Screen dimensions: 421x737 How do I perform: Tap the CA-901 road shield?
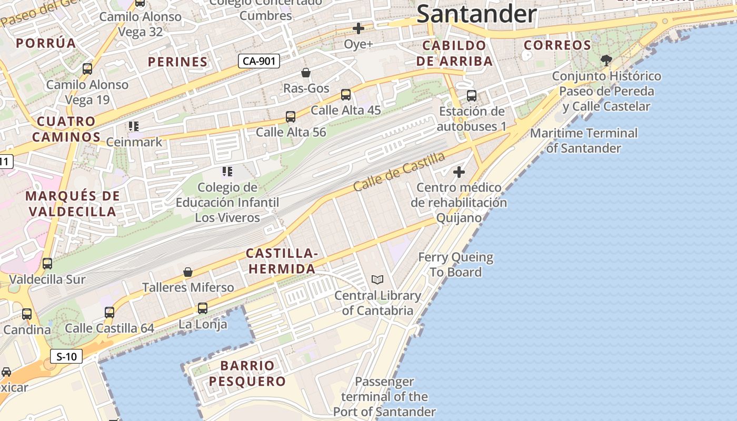coord(258,61)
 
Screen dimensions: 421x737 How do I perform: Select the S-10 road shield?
coord(67,356)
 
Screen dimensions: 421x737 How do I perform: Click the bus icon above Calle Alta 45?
coord(346,95)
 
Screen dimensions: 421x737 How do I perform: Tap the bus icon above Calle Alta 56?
coord(291,117)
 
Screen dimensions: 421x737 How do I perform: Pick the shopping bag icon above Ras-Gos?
coord(305,73)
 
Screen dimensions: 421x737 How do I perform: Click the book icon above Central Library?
coord(377,279)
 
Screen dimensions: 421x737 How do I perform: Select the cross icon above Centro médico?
coord(459,172)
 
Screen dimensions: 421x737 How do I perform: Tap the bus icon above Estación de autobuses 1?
coord(472,96)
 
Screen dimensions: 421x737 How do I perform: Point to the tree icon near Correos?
coord(606,60)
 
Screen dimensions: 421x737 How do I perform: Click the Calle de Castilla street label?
coord(399,172)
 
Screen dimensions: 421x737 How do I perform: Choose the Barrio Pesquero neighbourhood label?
coord(247,373)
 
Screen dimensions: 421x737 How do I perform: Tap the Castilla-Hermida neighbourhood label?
coord(282,262)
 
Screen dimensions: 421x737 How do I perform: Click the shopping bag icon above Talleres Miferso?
coord(188,272)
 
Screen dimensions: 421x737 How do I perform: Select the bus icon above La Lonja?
coord(203,308)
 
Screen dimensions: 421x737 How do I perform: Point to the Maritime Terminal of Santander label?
coord(583,141)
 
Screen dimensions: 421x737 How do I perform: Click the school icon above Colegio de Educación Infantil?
coord(227,171)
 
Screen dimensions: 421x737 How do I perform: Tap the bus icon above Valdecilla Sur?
coord(47,264)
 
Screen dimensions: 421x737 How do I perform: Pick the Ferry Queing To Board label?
coord(455,265)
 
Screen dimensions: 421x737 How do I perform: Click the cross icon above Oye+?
coord(358,28)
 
